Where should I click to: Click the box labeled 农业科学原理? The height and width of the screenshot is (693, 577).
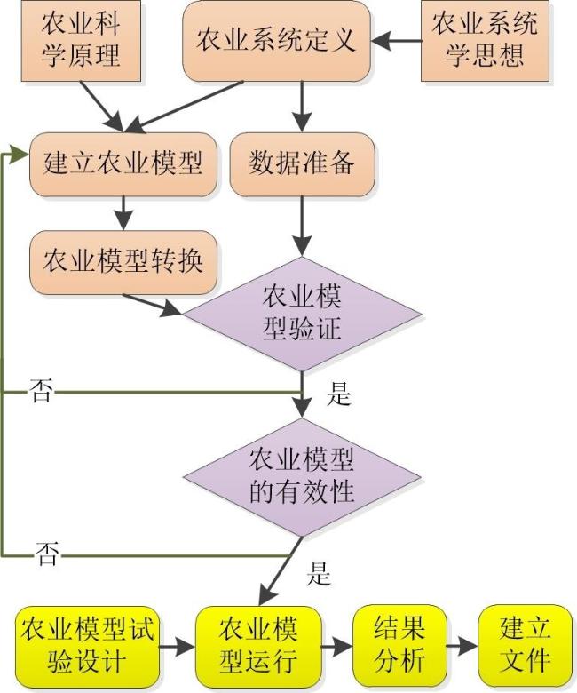[x=82, y=41]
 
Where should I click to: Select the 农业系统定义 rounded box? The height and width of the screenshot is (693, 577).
[x=276, y=41]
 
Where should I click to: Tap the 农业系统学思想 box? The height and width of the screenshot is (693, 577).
[x=485, y=41]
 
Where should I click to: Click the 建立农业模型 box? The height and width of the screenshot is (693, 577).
[x=123, y=164]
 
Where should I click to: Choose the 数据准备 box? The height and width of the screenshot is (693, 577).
[x=302, y=164]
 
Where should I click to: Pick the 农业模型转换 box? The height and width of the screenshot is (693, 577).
[x=123, y=262]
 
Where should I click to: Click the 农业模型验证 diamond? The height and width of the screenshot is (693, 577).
[x=302, y=315]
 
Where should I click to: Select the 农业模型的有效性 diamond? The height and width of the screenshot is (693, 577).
[x=302, y=477]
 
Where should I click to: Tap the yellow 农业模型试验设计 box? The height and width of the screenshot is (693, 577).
[x=87, y=647]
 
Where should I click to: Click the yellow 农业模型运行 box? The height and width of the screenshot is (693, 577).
[x=258, y=647]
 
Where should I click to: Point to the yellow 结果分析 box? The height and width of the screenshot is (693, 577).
[x=399, y=647]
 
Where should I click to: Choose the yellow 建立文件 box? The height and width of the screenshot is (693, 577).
[x=525, y=647]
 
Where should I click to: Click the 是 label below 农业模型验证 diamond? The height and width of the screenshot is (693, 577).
[x=338, y=393]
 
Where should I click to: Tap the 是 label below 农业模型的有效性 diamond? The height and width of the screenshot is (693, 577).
[x=319, y=574]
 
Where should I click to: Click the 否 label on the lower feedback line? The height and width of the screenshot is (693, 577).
[x=47, y=554]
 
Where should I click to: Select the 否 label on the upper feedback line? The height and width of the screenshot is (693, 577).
[x=42, y=391]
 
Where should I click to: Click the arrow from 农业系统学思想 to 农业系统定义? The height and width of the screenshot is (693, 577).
[x=396, y=41]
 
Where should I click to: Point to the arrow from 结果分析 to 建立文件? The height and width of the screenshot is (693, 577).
[x=462, y=647]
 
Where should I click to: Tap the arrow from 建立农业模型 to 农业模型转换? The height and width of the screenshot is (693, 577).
[x=123, y=213]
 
